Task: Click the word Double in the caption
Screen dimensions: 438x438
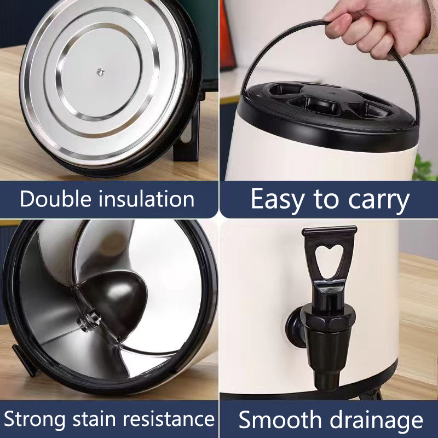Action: point(56,199)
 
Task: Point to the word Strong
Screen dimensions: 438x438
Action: point(35,419)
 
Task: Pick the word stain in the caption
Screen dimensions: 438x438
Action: point(94,419)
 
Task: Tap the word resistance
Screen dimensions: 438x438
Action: point(169,419)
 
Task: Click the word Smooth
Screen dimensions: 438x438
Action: point(280,419)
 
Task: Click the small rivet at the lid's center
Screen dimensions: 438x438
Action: point(100,72)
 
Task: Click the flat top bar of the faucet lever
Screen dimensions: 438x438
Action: point(330,232)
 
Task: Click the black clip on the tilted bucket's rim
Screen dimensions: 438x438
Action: point(24,360)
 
